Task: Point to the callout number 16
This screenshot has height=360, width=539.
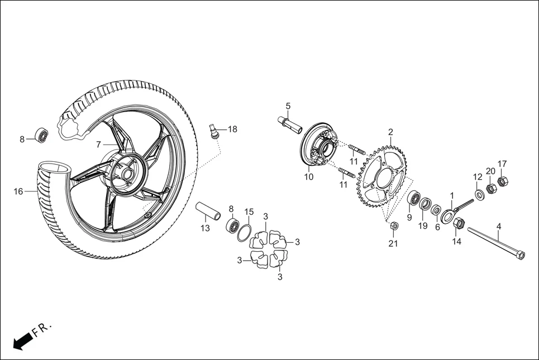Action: [18, 191]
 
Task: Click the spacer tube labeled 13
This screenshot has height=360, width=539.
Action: [208, 212]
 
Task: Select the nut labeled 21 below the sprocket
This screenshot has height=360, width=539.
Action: [393, 226]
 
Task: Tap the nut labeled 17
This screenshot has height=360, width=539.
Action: [502, 181]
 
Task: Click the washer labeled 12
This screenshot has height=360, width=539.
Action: [479, 194]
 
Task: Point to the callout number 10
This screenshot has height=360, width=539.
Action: [309, 177]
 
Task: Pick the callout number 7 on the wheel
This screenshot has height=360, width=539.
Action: [98, 144]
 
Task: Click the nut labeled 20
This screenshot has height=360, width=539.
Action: [491, 188]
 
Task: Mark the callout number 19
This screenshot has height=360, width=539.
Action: [423, 226]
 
